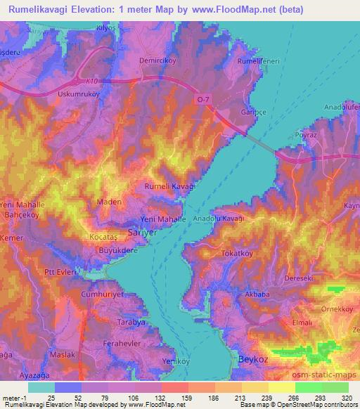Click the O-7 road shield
point(203,100)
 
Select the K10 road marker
point(84,81)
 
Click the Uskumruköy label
point(79,93)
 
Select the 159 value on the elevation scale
point(188,398)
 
